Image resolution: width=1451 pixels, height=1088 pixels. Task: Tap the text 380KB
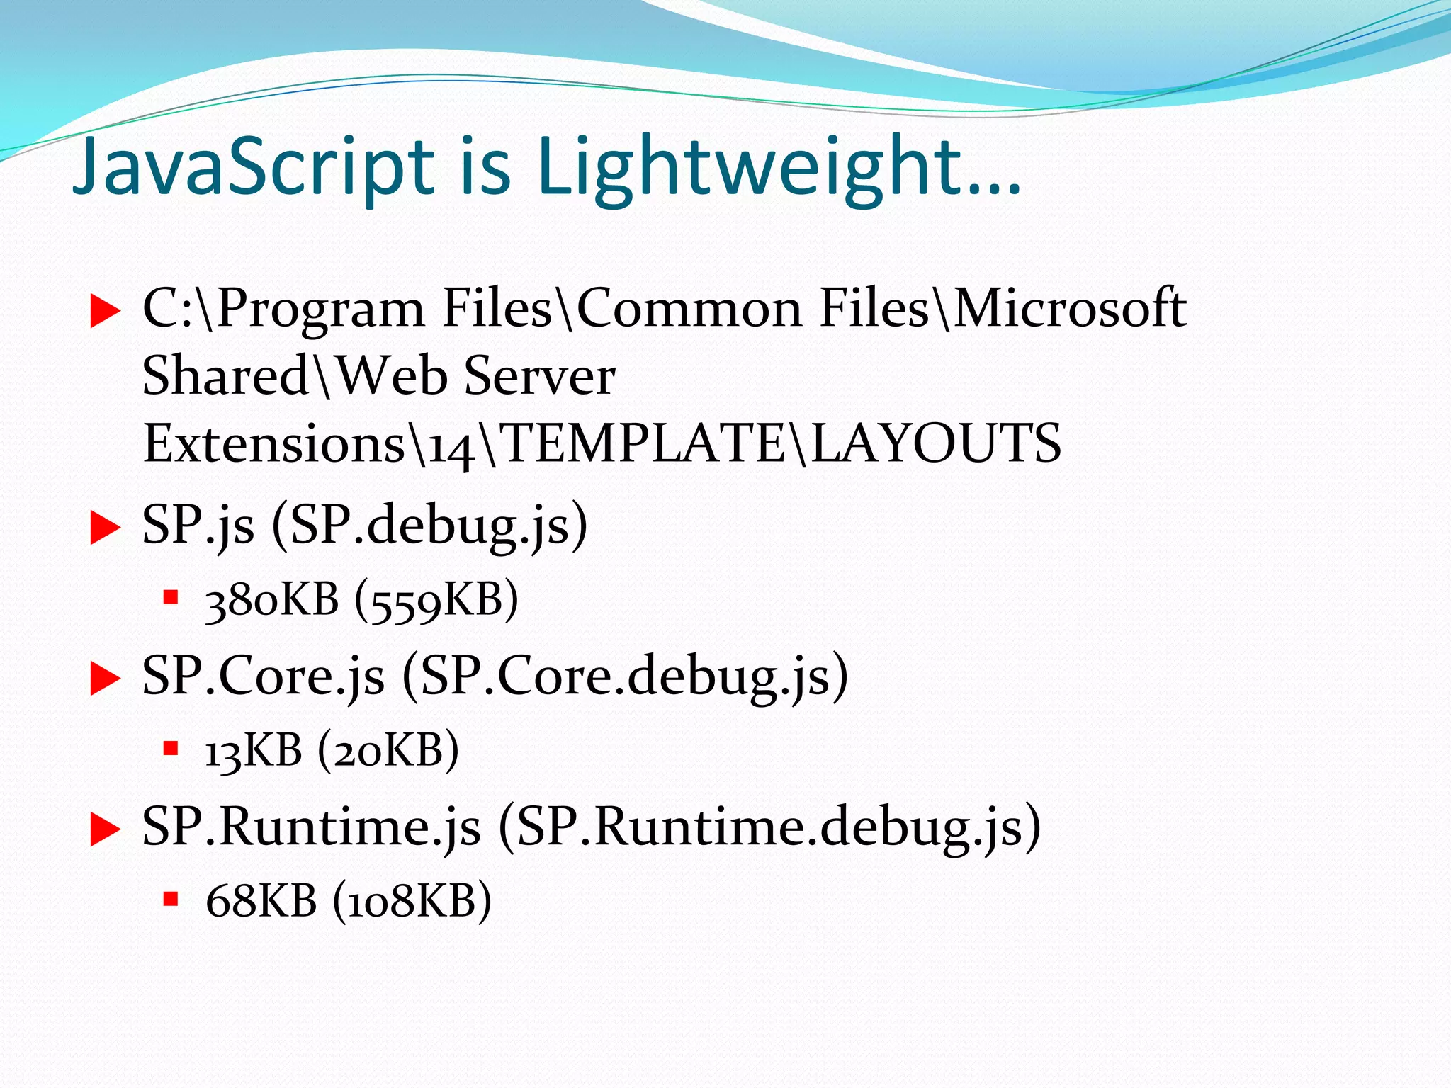271,601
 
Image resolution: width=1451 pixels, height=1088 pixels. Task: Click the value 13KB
253,751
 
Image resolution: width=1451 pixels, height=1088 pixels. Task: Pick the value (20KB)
388,751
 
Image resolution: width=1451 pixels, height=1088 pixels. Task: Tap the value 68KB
261,902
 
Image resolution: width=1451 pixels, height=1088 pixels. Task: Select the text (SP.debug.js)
429,526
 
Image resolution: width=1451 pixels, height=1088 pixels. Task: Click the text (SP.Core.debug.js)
625,676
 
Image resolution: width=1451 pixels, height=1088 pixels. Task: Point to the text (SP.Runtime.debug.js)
769,827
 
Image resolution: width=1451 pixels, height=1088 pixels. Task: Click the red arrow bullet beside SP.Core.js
105,679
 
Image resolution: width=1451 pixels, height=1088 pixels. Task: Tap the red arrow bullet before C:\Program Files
105,312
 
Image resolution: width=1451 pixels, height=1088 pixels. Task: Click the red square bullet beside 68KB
170,900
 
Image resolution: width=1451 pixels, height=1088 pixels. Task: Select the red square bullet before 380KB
170,598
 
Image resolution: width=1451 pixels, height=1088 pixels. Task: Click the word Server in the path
539,376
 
